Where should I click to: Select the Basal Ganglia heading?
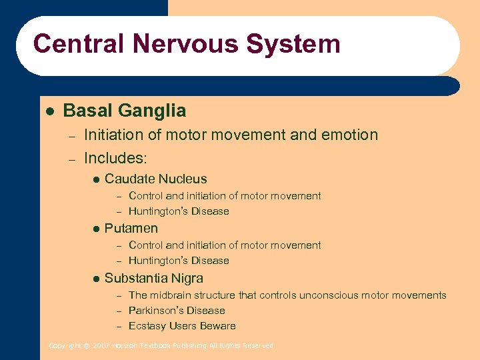point(125,110)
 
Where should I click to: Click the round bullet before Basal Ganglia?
point(49,111)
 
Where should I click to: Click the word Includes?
point(115,159)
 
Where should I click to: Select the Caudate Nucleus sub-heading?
point(155,179)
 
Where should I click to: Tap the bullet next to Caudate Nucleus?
point(96,179)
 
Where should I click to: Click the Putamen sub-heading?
point(131,228)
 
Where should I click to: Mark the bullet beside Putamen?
point(96,229)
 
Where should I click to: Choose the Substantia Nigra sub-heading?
point(154,278)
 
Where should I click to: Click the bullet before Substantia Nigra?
point(96,279)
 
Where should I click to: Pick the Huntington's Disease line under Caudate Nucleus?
point(179,211)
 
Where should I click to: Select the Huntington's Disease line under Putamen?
point(179,261)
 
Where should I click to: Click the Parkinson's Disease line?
point(177,311)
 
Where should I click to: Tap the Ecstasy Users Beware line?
point(182,326)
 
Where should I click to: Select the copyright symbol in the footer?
point(86,345)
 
